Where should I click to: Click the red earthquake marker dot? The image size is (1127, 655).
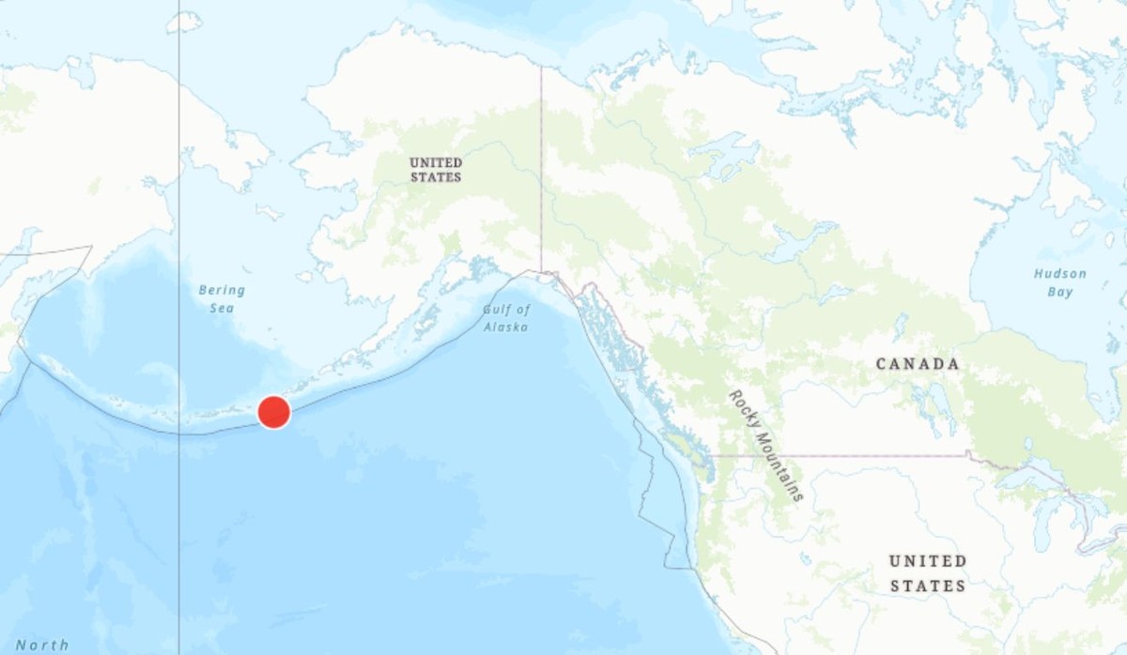(x=273, y=412)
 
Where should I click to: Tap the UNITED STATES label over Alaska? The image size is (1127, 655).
(x=436, y=170)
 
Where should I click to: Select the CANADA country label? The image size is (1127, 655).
(x=918, y=364)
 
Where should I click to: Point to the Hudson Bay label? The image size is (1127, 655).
(x=1060, y=282)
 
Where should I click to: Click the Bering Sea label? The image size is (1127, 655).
(x=222, y=298)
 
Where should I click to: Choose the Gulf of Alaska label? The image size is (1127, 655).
(x=506, y=318)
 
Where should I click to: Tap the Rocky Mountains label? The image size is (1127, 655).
(x=766, y=445)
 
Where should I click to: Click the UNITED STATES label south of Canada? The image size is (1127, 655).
(x=927, y=572)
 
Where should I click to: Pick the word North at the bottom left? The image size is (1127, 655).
(x=42, y=645)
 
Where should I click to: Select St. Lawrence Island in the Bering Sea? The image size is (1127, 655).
(x=269, y=212)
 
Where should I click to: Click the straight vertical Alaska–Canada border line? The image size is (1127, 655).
(x=541, y=169)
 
